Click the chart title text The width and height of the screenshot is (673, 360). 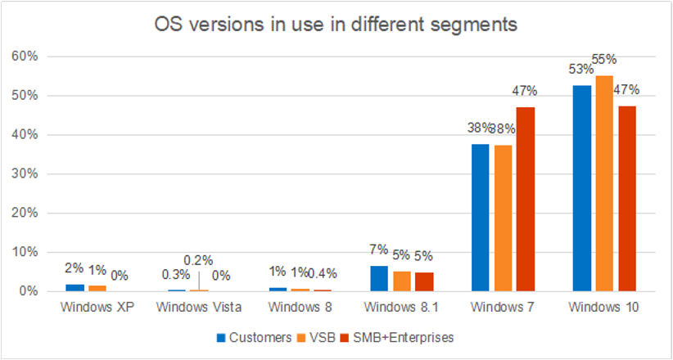coord(336,25)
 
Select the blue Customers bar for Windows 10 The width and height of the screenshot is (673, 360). coord(582,188)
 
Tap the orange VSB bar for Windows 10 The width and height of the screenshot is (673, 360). coord(604,183)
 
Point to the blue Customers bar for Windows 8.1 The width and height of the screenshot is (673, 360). coord(379,278)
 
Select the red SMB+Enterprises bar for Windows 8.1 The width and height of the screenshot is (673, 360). coord(423,281)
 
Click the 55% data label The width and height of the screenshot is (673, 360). coord(605,60)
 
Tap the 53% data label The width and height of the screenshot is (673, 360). coord(580,70)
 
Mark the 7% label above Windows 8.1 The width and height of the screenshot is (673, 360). coord(379,250)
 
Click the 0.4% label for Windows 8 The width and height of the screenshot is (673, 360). coord(323,273)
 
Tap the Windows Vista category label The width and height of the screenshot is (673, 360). coord(199,307)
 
